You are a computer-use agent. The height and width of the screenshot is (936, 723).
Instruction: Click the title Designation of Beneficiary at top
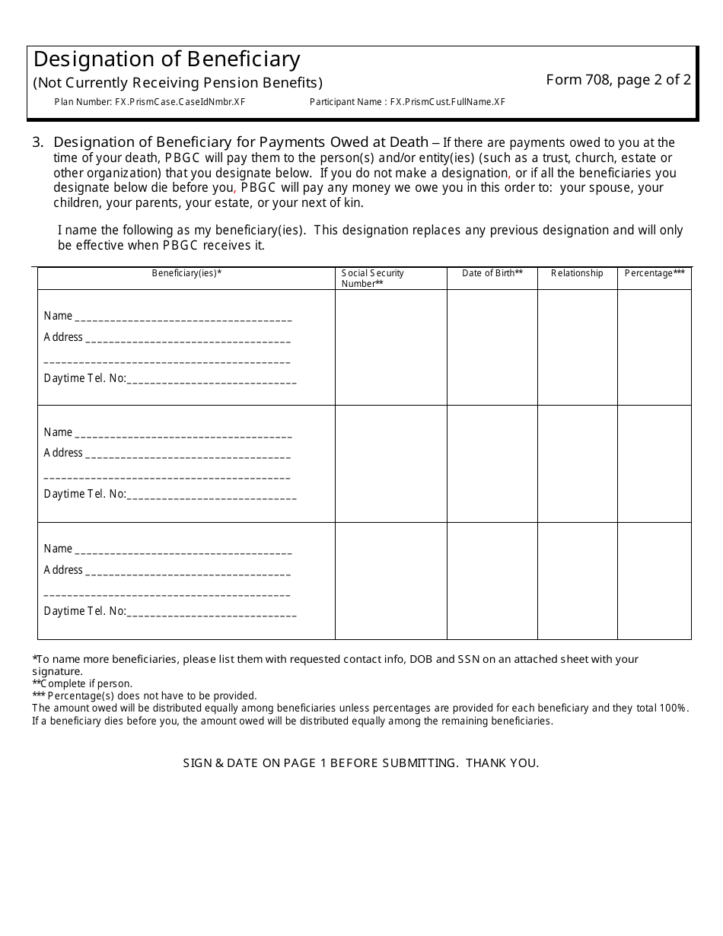pyautogui.click(x=167, y=59)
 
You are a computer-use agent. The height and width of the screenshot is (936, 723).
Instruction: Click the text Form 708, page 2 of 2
pyautogui.click(x=618, y=80)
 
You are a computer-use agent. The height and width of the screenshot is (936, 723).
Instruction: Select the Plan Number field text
pyautogui.click(x=150, y=102)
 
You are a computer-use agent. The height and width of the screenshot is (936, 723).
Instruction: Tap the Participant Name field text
pyautogui.click(x=407, y=102)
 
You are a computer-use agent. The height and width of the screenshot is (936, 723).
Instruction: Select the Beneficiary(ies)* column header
pyautogui.click(x=186, y=273)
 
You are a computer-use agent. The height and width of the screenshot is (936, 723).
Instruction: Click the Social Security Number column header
pyautogui.click(x=373, y=279)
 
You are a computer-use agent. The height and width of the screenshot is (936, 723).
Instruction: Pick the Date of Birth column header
pyautogui.click(x=492, y=273)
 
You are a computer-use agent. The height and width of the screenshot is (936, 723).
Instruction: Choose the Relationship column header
pyautogui.click(x=577, y=273)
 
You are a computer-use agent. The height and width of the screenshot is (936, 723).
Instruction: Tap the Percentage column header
pyautogui.click(x=655, y=273)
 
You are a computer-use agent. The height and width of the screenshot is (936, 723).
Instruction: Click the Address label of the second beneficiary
pyautogui.click(x=63, y=453)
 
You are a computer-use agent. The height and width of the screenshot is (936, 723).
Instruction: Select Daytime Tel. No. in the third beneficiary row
pyautogui.click(x=85, y=611)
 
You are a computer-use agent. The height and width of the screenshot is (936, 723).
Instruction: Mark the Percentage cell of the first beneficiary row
pyautogui.click(x=654, y=347)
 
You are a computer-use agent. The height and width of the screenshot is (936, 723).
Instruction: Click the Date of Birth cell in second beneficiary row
pyautogui.click(x=492, y=463)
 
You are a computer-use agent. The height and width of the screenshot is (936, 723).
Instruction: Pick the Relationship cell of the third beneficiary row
pyautogui.click(x=577, y=581)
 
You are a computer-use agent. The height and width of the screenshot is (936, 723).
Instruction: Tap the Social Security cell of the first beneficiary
pyautogui.click(x=390, y=347)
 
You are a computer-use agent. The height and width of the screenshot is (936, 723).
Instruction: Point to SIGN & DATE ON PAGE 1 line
pyautogui.click(x=361, y=762)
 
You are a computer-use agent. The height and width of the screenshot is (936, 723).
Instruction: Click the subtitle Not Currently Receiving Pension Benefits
pyautogui.click(x=178, y=83)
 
